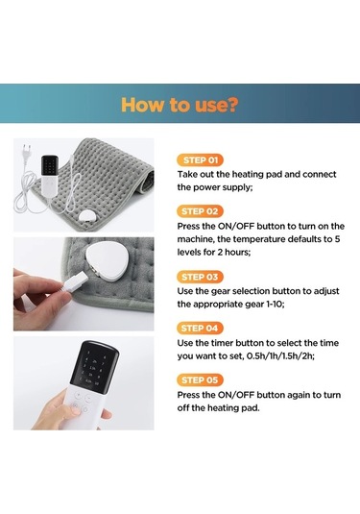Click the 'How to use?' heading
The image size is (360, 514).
pyautogui.click(x=180, y=105)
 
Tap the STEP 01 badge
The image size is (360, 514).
pyautogui.click(x=200, y=160)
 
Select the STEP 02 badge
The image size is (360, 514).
pyautogui.click(x=200, y=211)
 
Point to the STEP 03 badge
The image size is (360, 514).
pyautogui.click(x=200, y=277)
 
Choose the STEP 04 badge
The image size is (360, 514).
pyautogui.click(x=200, y=329)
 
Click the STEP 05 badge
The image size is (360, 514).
pyautogui.click(x=200, y=380)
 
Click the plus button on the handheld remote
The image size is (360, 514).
pyautogui.click(x=79, y=395)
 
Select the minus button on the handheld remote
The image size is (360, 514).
pyautogui.click(x=88, y=399)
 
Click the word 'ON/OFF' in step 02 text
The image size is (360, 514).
pyautogui.click(x=236, y=227)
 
